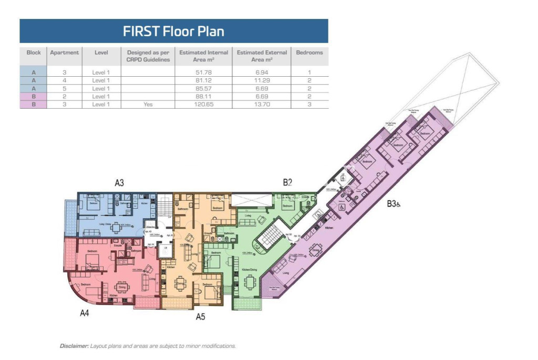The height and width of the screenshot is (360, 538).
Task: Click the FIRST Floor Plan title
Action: point(173,31)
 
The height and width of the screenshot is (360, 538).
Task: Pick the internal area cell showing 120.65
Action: point(203,105)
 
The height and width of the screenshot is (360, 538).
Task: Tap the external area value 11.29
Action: point(262,80)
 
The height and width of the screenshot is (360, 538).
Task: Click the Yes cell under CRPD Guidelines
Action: point(148,105)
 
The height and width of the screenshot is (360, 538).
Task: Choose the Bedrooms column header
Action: point(309,53)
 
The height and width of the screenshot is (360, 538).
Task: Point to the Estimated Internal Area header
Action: point(203,56)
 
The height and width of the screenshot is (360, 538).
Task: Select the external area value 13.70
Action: point(262,105)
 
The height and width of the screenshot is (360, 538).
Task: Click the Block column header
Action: point(34,53)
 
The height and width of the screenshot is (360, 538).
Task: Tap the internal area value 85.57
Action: point(203,88)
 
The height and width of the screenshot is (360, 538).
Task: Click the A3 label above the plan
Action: point(119,183)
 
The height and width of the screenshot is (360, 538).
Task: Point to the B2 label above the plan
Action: point(287,182)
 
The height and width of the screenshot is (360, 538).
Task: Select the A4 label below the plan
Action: point(84,313)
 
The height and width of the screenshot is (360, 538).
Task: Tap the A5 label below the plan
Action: point(200,316)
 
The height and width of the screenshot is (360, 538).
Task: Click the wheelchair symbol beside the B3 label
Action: point(399,204)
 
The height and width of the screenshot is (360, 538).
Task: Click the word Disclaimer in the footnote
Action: point(74,346)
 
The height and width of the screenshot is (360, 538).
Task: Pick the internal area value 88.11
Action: point(203,97)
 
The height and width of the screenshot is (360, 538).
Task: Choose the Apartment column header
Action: point(65,53)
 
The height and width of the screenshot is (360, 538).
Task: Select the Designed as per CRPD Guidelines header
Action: point(148,56)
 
